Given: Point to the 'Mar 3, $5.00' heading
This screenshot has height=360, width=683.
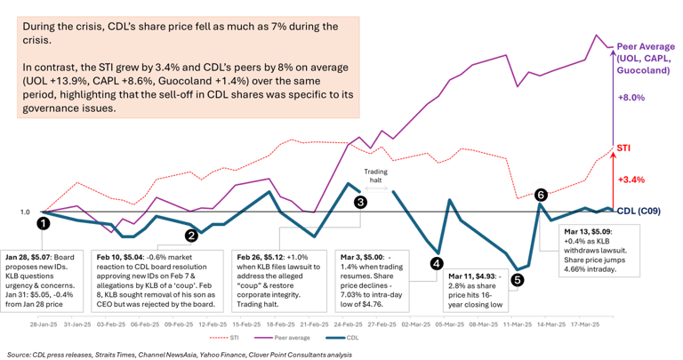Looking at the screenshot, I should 362,253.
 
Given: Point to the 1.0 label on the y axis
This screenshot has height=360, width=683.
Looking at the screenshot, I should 24,212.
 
